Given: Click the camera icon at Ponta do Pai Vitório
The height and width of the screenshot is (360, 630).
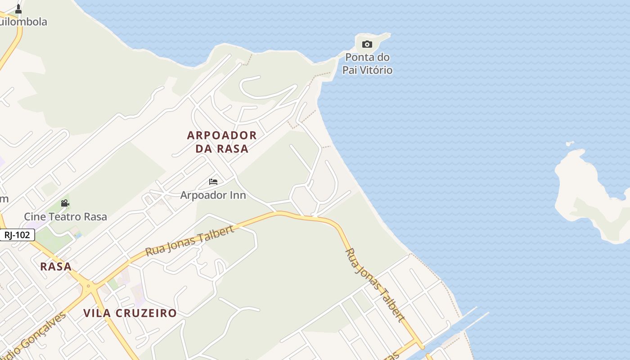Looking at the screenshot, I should click(367, 44).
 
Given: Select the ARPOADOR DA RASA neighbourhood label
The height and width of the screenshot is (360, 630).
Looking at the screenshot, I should click(222, 142).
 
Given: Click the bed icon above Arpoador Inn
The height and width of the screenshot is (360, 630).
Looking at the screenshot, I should click(213, 182).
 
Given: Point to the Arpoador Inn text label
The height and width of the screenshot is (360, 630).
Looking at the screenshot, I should click(213, 195).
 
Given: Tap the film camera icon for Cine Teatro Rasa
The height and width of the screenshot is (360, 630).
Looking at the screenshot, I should click(65, 203).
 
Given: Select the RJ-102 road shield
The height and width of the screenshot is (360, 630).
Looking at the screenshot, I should click(17, 235).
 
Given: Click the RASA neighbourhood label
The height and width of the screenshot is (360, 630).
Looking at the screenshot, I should click(56, 266).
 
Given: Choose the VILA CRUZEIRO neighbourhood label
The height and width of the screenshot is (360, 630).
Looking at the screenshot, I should click(130, 313).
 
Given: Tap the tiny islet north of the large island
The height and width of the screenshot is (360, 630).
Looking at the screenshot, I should click(570, 144).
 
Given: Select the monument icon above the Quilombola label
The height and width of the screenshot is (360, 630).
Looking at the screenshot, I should click(18, 9).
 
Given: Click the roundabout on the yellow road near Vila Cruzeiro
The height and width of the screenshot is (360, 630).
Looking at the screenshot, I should click(88, 286).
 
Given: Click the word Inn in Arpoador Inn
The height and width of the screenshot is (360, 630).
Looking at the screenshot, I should click(238, 195).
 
